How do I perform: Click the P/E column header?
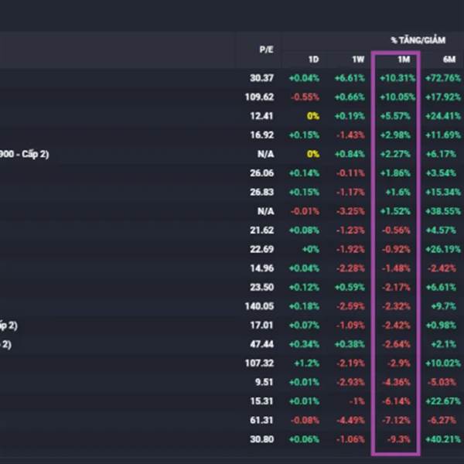pos(265,49)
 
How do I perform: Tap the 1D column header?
pos(313,59)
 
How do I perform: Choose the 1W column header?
pos(358,59)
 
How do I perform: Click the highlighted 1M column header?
pos(403,59)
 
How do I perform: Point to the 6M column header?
pos(449,59)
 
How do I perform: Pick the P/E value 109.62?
pos(258,97)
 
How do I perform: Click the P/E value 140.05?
pos(258,305)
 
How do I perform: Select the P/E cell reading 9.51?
pos(263,381)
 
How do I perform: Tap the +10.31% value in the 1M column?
pos(397,78)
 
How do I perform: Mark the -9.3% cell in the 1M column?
pos(404,438)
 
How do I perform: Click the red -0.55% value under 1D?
pos(304,97)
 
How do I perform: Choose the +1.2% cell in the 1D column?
pos(307,363)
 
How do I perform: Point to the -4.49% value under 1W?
pos(349,419)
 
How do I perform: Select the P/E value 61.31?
pos(261,419)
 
